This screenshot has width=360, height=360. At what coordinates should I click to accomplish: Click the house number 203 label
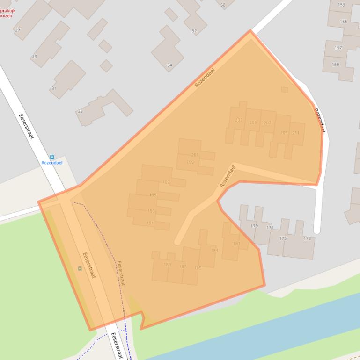click(x=239, y=120)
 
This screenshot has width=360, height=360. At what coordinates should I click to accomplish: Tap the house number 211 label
click(x=296, y=133)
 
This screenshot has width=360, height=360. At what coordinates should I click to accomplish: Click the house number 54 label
click(x=169, y=65)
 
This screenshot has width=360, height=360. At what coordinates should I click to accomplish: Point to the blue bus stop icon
click(x=51, y=157)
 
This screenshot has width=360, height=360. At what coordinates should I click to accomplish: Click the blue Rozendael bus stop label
click(x=51, y=163)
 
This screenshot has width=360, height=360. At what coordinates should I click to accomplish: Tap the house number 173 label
click(x=307, y=238)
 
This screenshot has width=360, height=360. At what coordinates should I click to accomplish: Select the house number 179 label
click(x=254, y=226)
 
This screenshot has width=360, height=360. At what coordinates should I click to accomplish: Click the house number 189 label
click(x=167, y=265)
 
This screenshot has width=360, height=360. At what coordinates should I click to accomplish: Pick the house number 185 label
click(x=198, y=268)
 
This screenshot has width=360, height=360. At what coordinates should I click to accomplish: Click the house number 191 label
click(x=150, y=223)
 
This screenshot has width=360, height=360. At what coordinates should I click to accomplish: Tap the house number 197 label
click(x=166, y=182)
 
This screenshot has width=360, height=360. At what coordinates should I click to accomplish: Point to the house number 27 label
click(x=18, y=30)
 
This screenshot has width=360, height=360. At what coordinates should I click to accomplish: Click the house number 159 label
click(x=335, y=65)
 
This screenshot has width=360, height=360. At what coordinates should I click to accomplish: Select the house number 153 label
click(x=341, y=5)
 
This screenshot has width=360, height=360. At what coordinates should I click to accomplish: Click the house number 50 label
click(x=222, y=5)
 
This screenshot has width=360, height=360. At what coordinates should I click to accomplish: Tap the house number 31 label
click(x=54, y=88)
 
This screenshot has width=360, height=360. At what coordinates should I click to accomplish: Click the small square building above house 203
click(x=285, y=89)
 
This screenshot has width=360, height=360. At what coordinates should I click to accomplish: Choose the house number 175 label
click(x=283, y=238)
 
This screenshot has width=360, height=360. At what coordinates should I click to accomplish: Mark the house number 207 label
click(x=267, y=123)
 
